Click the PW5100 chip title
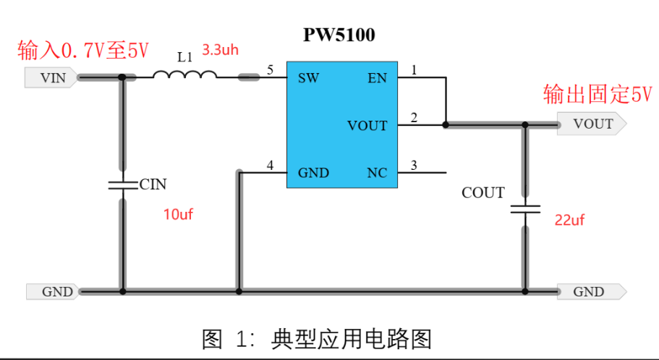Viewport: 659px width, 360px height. click(x=339, y=35)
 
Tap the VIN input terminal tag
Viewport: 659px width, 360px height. click(x=51, y=78)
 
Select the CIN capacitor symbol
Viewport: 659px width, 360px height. click(x=122, y=184)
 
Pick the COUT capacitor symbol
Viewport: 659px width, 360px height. click(x=525, y=210)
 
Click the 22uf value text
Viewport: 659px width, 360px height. click(x=569, y=220)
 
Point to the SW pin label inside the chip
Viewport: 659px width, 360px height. click(x=309, y=77)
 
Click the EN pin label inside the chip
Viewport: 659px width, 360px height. click(x=377, y=77)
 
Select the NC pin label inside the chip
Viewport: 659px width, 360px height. click(x=377, y=173)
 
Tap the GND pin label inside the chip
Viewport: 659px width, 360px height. click(x=313, y=173)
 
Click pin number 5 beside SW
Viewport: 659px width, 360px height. click(x=270, y=70)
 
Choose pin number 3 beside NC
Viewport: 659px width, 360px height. click(x=414, y=166)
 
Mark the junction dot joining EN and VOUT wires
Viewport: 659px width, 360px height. click(x=446, y=125)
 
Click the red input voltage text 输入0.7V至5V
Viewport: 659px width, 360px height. click(x=82, y=51)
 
